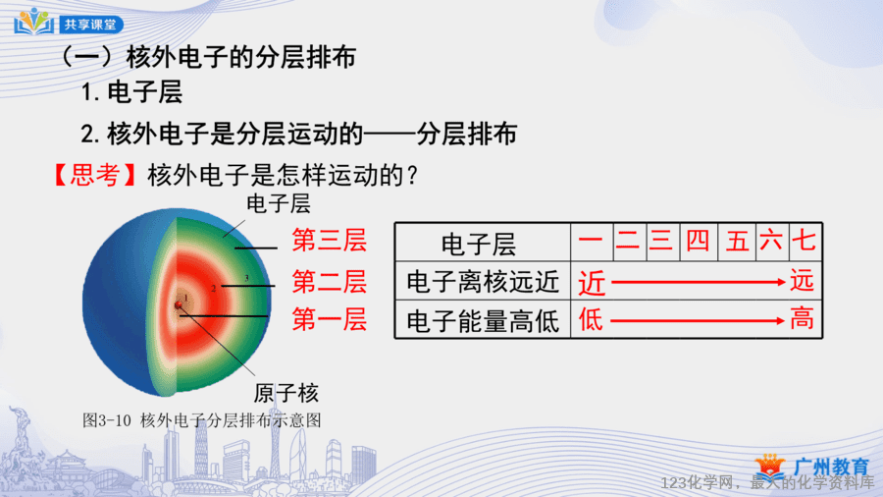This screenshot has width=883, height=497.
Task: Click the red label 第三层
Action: point(330,240)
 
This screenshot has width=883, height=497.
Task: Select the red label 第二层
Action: point(330,281)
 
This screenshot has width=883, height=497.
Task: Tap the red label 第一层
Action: point(330,319)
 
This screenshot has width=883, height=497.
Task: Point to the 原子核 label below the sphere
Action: point(286,393)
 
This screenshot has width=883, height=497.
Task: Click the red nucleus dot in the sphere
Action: point(179,304)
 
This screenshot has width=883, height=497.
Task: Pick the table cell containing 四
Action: point(699,242)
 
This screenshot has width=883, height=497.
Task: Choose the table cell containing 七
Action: point(805,242)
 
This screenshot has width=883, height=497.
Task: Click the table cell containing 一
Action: point(592,242)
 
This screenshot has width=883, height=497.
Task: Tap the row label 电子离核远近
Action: point(483,282)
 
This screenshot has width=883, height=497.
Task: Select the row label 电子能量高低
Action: point(483,321)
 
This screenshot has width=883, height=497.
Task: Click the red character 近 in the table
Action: point(592,282)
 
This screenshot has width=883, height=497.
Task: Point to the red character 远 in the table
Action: point(802,280)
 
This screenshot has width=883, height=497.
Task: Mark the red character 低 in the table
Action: point(591,320)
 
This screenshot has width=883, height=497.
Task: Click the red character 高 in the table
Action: point(802,319)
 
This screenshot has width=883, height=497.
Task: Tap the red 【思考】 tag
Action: point(94,175)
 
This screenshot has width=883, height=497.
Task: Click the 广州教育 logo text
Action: point(831,467)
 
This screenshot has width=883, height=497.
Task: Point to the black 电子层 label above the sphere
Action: point(279,204)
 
